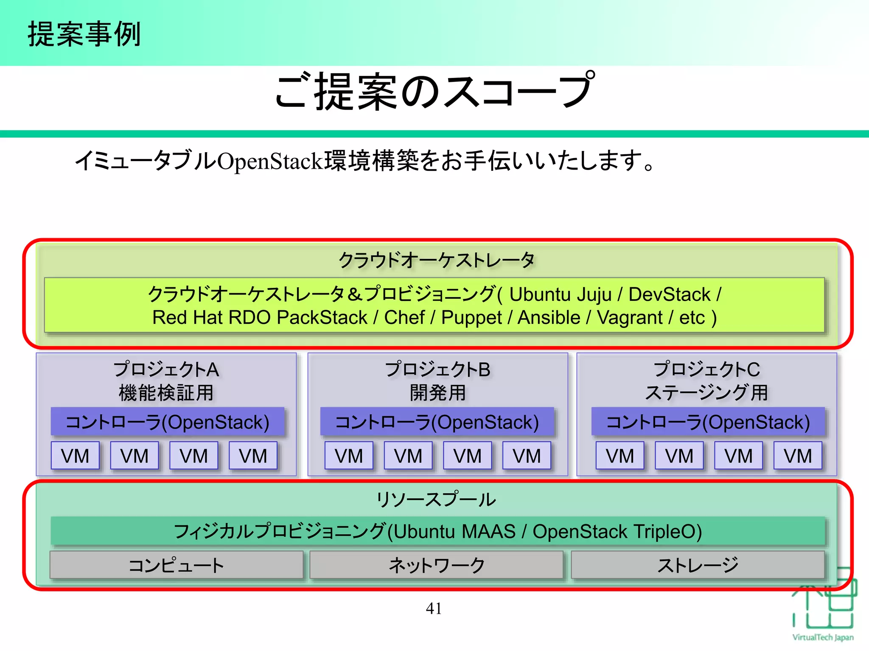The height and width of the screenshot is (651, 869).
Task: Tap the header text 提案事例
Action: (84, 34)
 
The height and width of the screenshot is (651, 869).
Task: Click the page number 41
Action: (434, 609)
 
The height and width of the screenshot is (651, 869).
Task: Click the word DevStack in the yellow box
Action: (669, 295)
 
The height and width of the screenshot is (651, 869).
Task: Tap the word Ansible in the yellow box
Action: (549, 317)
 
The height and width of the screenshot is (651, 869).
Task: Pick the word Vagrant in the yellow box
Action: (630, 317)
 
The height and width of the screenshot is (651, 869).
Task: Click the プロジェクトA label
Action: (166, 369)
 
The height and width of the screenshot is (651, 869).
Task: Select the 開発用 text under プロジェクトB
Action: (437, 392)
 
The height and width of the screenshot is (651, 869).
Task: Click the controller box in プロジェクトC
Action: (708, 422)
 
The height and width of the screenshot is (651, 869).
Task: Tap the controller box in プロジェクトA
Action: (168, 422)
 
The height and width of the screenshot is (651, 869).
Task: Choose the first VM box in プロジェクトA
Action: (75, 456)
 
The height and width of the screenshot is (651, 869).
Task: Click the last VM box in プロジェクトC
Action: (798, 456)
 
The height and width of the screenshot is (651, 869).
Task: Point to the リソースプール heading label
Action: (436, 499)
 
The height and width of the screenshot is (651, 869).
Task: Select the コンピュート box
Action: (177, 565)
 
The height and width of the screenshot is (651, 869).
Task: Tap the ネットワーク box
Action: (437, 565)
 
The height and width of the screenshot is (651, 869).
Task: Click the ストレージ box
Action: (698, 565)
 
